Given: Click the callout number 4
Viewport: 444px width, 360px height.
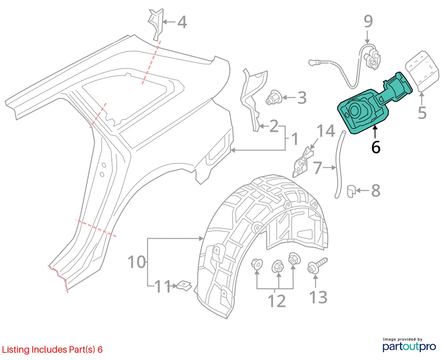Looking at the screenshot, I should click(x=182, y=22).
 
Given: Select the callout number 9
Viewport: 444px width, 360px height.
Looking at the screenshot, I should click(x=368, y=21).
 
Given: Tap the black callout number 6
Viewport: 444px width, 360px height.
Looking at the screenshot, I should click(x=376, y=147).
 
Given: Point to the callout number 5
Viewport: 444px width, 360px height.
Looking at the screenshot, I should click(x=422, y=112).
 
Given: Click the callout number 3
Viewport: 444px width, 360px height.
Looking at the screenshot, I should click(x=302, y=97).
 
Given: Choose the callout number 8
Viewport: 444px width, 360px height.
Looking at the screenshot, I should click(x=376, y=191).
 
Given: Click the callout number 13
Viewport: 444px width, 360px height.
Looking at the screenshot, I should click(x=318, y=296).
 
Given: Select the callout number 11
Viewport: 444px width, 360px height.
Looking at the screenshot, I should click(x=163, y=287).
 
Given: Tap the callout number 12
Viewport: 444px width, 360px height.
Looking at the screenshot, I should click(x=277, y=301).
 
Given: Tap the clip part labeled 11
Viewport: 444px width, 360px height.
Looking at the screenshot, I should click(x=183, y=285).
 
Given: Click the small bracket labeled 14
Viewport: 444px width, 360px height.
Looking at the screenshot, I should click(x=302, y=161).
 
